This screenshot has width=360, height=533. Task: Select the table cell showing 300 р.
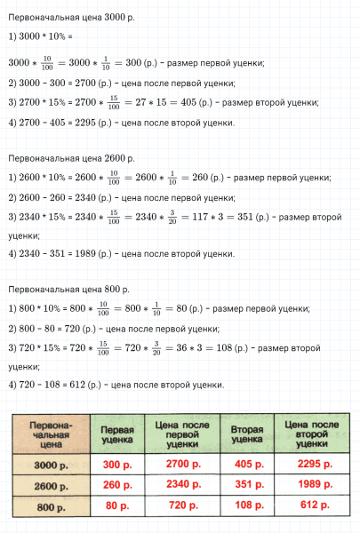117,464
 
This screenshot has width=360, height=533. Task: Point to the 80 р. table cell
117,507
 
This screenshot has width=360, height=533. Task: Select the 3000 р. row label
51,465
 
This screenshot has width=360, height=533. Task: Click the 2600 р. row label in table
51,486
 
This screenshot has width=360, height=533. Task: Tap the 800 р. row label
51,507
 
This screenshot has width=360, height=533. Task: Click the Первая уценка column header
117,434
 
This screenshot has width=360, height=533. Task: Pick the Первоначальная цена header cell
51,434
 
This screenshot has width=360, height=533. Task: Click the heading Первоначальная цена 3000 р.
68,19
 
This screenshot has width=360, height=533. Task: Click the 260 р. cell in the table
117,486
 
